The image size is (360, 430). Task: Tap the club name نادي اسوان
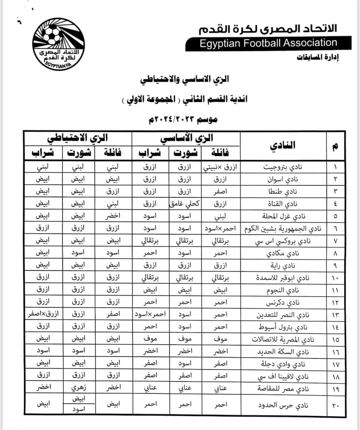click(282, 179)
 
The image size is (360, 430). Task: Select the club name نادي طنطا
click(283, 192)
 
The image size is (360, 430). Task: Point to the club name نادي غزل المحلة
click(283, 216)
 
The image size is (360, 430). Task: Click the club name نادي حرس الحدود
click(283, 405)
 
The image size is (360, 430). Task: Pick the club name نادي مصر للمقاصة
click(283, 388)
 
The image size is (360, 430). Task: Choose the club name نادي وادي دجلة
click(283, 364)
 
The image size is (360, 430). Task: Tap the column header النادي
click(283, 146)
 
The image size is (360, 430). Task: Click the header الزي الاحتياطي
click(77, 138)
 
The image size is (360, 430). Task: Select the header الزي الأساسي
click(186, 138)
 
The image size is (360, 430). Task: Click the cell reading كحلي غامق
click(184, 204)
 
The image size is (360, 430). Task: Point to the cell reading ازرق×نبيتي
click(220, 167)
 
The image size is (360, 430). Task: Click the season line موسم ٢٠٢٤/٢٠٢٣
click(183, 119)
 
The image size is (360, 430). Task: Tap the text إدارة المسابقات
click(317, 57)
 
